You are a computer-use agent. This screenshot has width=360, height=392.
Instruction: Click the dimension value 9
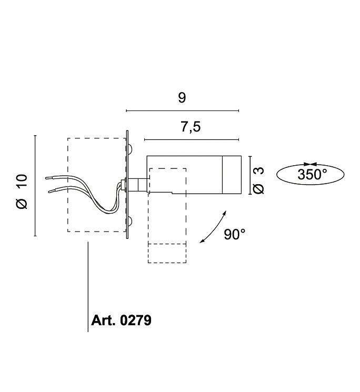[x=182, y=97]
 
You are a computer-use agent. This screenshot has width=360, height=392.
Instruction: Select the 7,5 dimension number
[x=191, y=127]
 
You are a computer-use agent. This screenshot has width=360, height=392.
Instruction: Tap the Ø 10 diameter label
[x=22, y=191]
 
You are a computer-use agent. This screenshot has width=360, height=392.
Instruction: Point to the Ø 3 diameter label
[x=258, y=180]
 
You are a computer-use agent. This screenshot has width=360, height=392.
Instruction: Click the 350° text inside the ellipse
[x=312, y=175]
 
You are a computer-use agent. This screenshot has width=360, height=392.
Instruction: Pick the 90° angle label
[x=235, y=235]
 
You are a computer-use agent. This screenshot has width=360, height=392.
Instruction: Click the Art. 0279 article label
[x=121, y=320]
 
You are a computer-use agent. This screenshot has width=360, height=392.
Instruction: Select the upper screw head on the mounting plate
[x=130, y=149]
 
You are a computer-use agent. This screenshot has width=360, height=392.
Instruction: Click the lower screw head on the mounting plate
[x=130, y=221]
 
